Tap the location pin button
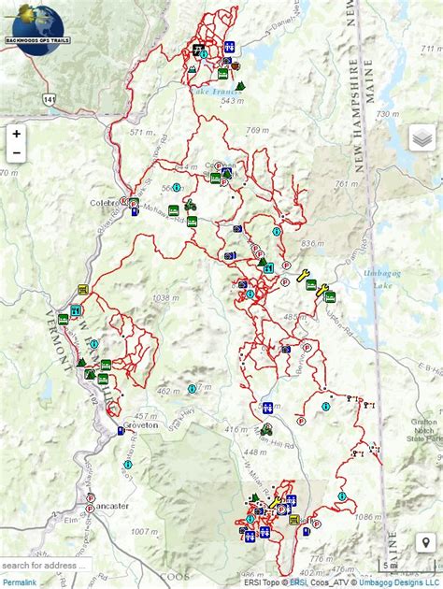[423, 543]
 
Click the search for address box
[47, 566]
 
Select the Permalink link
[19, 582]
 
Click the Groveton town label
[139, 424]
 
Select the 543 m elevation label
[232, 101]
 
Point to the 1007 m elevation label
[143, 532]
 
